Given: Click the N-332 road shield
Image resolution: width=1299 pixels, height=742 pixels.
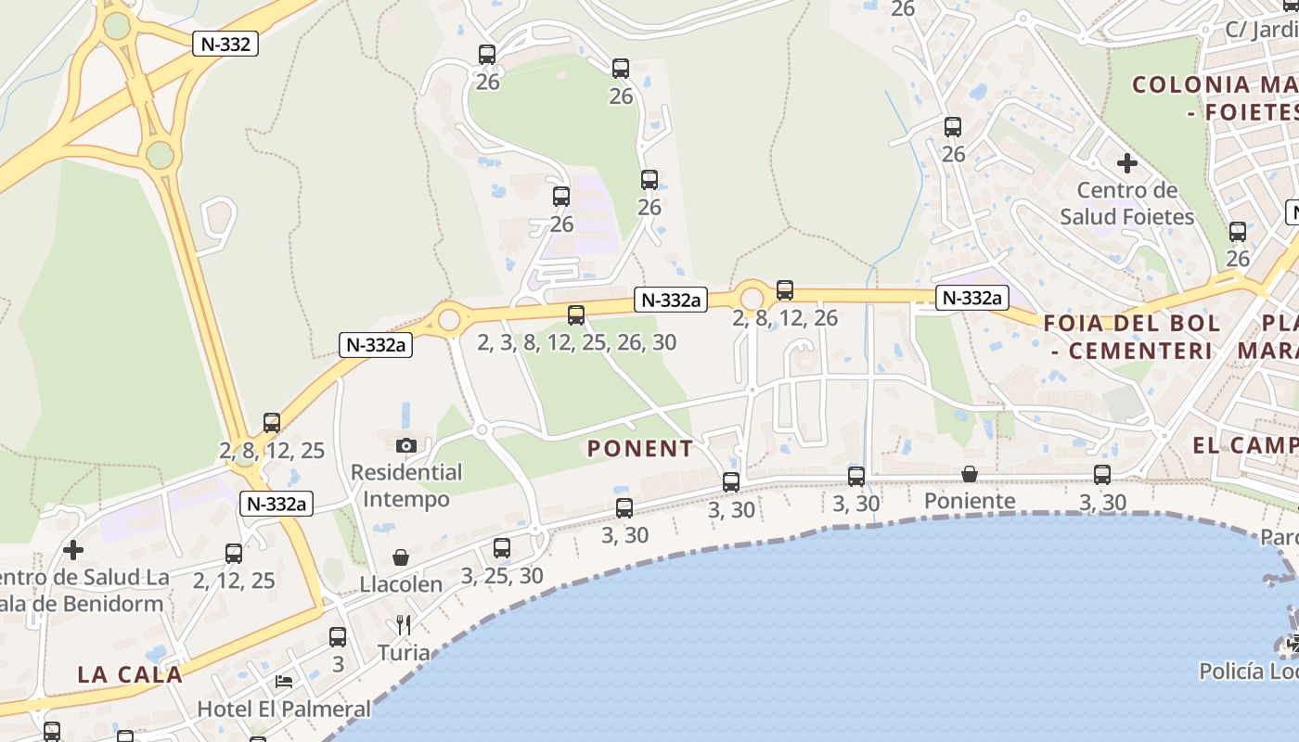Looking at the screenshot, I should tap(225, 44).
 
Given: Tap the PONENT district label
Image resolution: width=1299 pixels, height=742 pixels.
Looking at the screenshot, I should tap(640, 449).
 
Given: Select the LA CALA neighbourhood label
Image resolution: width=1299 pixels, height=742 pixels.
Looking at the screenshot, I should tap(130, 674).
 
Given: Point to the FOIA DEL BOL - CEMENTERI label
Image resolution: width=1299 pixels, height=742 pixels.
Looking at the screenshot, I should tap(1132, 337).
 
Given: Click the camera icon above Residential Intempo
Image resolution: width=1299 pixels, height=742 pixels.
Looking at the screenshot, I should tap(406, 445).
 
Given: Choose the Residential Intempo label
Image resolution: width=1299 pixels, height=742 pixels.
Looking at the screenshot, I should tap(406, 485).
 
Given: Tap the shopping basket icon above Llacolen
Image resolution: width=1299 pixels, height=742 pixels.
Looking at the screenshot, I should tap(401, 557).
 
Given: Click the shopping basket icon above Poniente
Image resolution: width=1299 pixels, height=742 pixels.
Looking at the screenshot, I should tap(970, 475).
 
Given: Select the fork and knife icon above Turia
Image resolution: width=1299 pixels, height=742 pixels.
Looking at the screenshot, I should tap(404, 624).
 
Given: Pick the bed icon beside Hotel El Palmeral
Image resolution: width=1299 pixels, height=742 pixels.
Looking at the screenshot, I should tap(284, 682).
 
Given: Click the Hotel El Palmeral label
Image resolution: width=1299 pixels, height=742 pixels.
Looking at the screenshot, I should tap(284, 710).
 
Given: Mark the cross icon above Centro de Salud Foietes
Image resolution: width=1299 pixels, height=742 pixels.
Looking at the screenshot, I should tap(1127, 164).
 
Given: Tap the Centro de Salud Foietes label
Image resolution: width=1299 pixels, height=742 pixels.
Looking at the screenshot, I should tap(1127, 203).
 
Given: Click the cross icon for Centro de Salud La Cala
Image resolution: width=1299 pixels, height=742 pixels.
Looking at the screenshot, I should tap(73, 550).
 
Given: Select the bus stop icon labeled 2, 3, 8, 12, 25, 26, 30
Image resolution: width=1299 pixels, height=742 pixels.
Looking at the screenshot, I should tap(576, 315).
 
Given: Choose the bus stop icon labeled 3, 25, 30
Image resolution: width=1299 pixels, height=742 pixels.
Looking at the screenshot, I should tap(502, 548).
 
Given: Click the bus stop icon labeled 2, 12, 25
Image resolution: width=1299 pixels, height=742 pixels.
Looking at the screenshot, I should tap(234, 554).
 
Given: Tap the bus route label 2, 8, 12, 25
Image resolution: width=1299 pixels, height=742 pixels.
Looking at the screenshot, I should tap(272, 451).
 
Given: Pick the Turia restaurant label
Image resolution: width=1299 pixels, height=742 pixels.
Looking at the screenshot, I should tap(404, 653).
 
